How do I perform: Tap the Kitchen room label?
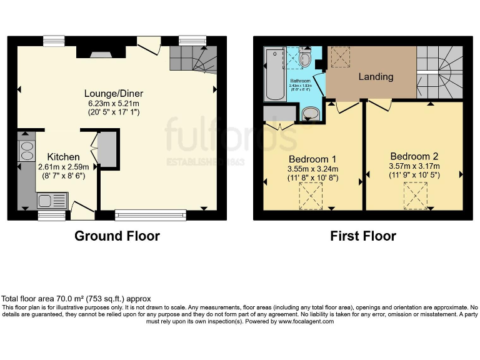click(64, 156)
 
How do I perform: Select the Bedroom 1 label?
click(312, 158)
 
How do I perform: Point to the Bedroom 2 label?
click(414, 156)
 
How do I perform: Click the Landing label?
click(376, 77)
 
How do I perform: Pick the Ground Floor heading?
click(117, 236)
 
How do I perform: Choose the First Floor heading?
click(363, 236)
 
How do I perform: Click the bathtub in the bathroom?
click(274, 74)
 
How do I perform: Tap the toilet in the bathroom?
click(304, 59)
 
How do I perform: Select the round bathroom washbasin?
click(310, 114)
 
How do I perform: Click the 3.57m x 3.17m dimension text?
click(414, 166)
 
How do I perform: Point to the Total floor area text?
click(76, 299)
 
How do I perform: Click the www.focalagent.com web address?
click(306, 321)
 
